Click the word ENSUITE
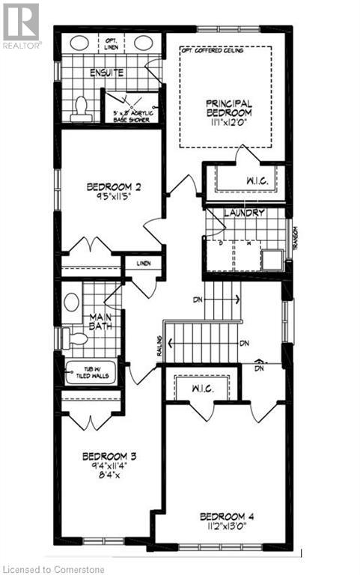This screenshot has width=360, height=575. point(106,73)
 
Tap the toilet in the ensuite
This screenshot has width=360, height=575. point(82,109)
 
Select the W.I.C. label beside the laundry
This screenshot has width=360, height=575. point(242,180)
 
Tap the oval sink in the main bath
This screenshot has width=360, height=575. point(72,302)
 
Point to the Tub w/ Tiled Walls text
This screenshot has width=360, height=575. point(91,372)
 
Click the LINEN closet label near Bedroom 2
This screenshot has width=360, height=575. point(144,263)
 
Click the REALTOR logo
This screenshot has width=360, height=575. point(21,27)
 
